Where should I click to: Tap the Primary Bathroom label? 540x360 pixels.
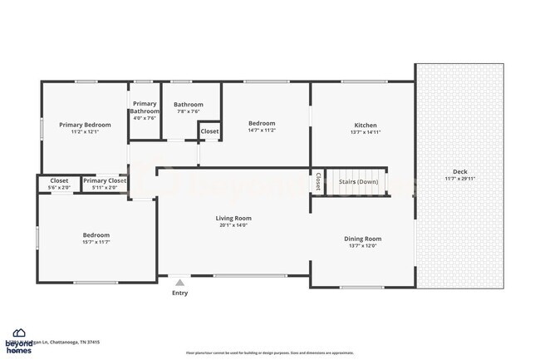[145, 107]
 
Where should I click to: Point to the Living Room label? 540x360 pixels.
[235, 218]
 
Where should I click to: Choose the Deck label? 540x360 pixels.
[459, 171]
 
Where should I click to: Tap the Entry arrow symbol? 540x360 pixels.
[180, 283]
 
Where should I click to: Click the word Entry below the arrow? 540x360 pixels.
[180, 293]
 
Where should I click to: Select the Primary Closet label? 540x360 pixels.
[105, 180]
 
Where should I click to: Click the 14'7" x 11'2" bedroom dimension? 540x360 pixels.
[262, 131]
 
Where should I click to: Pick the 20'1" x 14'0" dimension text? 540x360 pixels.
[235, 224]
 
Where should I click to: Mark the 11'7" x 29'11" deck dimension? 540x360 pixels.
[459, 178]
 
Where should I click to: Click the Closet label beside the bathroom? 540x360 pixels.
[209, 131]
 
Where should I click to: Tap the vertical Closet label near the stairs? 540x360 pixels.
[317, 181]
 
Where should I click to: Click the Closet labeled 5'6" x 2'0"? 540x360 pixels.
[59, 183]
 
